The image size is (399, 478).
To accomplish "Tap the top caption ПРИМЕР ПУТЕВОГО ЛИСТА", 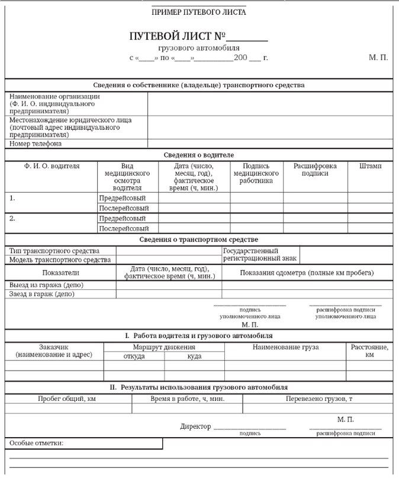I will (x=199, y=12).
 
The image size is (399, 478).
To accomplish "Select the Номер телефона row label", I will (x=36, y=144).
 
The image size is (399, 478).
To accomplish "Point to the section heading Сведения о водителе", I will (x=199, y=155).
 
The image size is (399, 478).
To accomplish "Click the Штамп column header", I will (x=370, y=167).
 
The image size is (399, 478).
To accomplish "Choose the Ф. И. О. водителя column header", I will (x=52, y=167).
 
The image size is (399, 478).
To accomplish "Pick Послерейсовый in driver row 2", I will (x=123, y=228).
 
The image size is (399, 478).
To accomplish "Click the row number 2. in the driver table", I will (x=12, y=218).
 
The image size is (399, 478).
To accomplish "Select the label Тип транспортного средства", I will (x=54, y=251).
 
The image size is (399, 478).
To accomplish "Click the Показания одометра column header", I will (x=307, y=273).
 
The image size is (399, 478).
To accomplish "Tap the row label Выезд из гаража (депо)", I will (x=47, y=285).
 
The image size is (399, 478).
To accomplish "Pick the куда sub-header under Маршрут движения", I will (x=194, y=356).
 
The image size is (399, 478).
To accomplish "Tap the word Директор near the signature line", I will (x=195, y=426).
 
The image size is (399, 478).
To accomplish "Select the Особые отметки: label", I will (x=36, y=443).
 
